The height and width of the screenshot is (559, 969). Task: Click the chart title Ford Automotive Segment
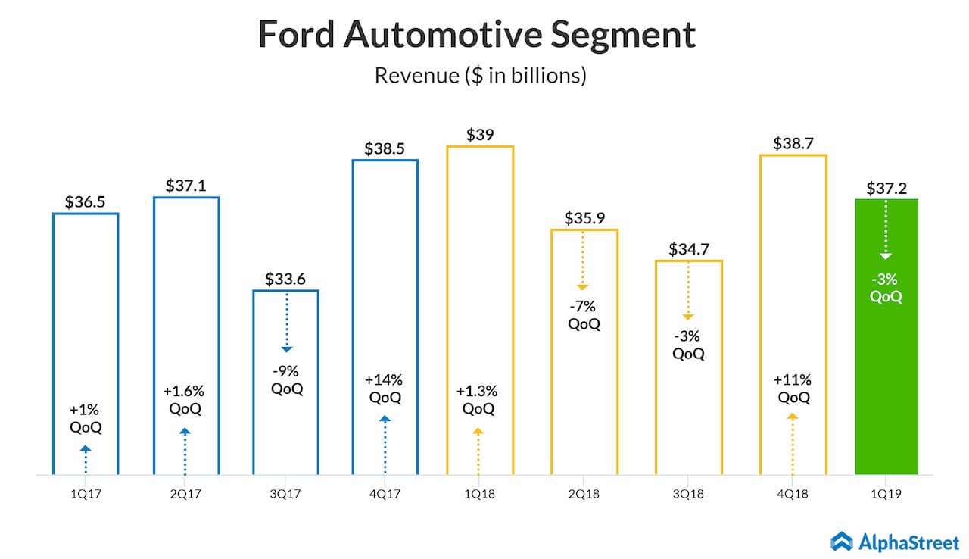coord(477,36)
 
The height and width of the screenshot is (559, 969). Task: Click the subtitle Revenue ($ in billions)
coord(481,76)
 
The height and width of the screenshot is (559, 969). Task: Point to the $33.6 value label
coord(285,278)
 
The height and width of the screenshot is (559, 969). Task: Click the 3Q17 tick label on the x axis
coord(285,493)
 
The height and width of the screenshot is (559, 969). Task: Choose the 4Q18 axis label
coord(793,493)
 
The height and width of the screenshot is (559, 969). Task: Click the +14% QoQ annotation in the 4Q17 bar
coord(385,388)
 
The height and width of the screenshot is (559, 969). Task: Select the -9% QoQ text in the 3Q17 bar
coord(286,380)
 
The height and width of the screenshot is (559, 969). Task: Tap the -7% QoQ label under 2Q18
coord(584,315)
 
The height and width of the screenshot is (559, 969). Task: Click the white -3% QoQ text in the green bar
coord(886,287)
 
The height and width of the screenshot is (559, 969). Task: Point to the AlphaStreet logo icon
coord(842,541)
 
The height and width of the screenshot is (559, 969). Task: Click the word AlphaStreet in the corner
coord(908,541)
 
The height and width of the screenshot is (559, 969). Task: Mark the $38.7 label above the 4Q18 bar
coord(793,142)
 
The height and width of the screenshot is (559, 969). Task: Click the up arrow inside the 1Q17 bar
coord(86,459)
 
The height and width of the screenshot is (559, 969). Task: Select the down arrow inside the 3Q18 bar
coord(688,292)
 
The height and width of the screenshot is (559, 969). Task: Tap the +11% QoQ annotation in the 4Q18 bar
coord(793,389)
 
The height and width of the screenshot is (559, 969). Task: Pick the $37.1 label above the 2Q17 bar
coord(185,185)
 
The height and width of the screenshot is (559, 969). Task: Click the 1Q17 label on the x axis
coord(86,493)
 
